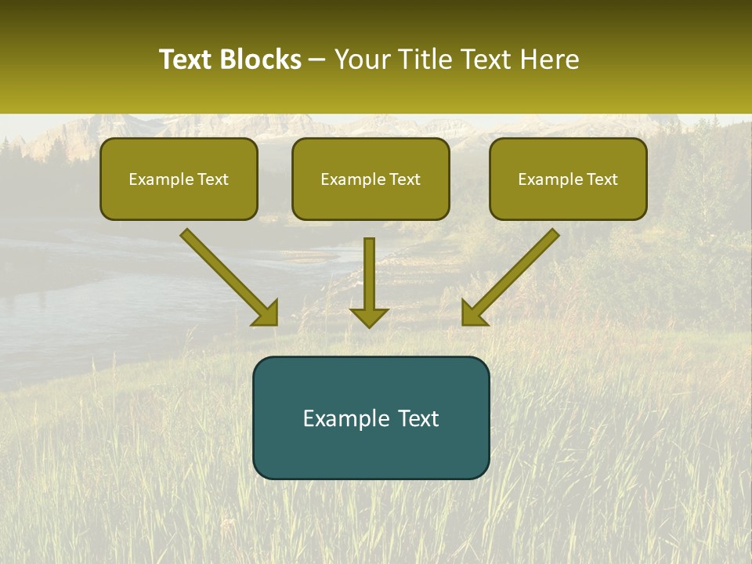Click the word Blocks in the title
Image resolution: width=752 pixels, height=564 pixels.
click(259, 60)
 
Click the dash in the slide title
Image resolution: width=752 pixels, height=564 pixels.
click(317, 60)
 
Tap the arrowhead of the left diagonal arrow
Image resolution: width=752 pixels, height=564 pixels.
click(266, 313)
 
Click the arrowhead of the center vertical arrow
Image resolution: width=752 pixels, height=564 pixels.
click(369, 316)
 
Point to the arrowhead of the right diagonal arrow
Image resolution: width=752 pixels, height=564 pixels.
click(473, 313)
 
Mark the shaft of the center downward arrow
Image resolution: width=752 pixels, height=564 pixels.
click(369, 270)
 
